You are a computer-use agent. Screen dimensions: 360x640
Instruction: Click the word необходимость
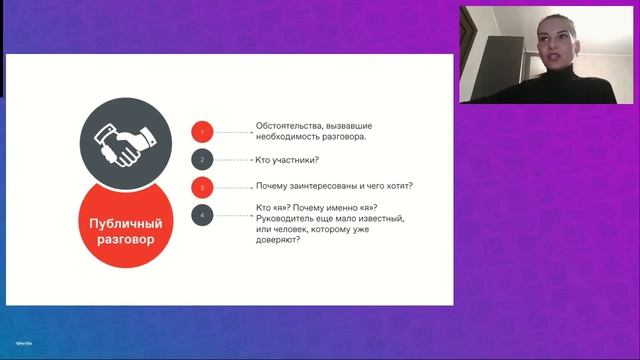coord(293,137)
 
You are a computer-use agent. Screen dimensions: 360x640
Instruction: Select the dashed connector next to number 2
coord(234,159)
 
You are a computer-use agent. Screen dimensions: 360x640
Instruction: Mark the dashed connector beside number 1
coord(234,132)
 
